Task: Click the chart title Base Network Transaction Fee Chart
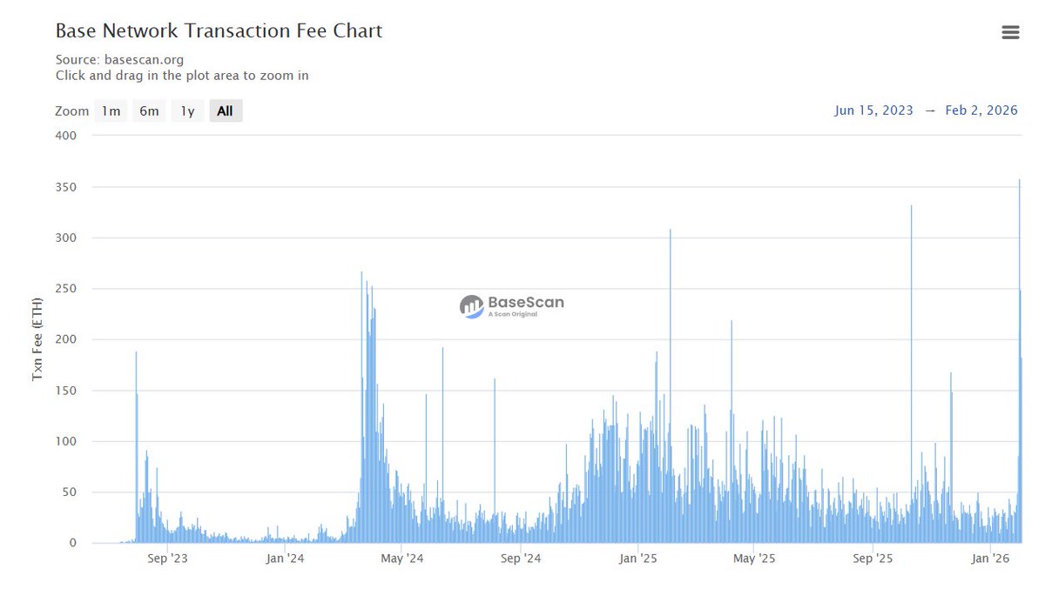pyautogui.click(x=219, y=30)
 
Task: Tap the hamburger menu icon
pyautogui.click(x=1010, y=32)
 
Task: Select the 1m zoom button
pyautogui.click(x=111, y=111)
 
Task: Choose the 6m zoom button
pyautogui.click(x=150, y=111)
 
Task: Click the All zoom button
pyautogui.click(x=225, y=111)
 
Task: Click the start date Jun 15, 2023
pyautogui.click(x=873, y=110)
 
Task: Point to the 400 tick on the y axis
pyautogui.click(x=66, y=136)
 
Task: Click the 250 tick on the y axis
pyautogui.click(x=66, y=289)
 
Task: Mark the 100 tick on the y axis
pyautogui.click(x=66, y=442)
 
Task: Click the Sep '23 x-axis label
pyautogui.click(x=167, y=559)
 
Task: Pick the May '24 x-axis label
pyautogui.click(x=401, y=559)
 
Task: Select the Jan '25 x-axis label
pyautogui.click(x=640, y=559)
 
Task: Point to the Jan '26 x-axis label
pyautogui.click(x=991, y=559)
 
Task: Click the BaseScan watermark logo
pyautogui.click(x=512, y=305)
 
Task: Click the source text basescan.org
pyautogui.click(x=144, y=60)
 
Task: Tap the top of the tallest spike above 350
pyautogui.click(x=1020, y=181)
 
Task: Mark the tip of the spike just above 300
pyautogui.click(x=670, y=230)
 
